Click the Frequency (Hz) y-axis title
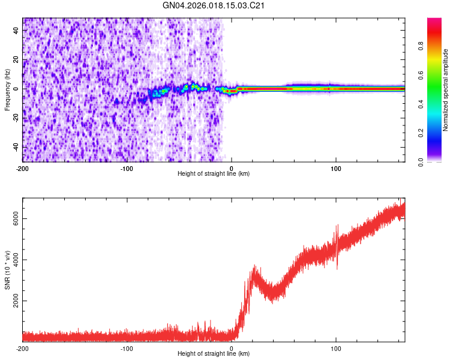click(7, 90)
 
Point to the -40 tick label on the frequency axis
click(14, 147)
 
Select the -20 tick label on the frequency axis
click(14, 118)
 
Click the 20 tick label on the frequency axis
click(15, 59)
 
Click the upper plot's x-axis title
click(214, 174)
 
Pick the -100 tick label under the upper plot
click(127, 168)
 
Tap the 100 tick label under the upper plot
click(336, 168)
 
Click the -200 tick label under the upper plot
click(23, 168)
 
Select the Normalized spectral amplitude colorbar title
click(445, 90)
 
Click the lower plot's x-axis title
click(214, 354)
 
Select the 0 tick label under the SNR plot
click(232, 348)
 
